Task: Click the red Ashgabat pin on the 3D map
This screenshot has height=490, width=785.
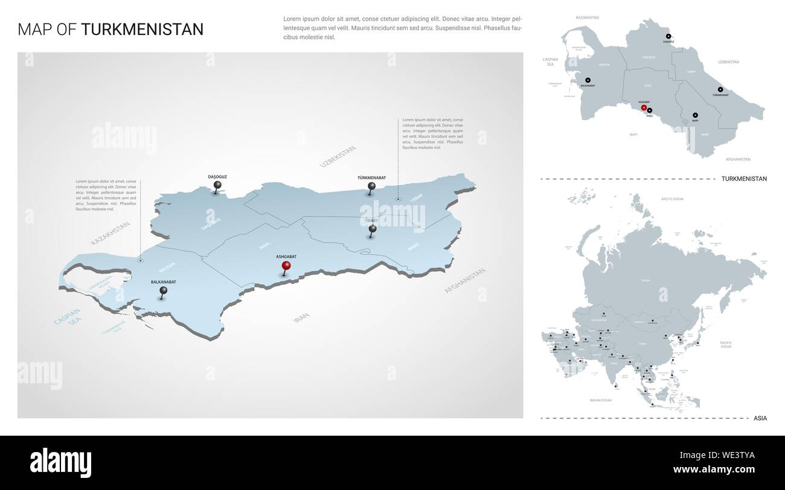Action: click(x=286, y=266)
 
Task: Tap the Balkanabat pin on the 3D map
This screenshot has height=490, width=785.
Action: click(x=164, y=291)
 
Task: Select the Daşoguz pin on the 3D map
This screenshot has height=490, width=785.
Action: click(x=217, y=186)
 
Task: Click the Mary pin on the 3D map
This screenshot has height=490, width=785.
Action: click(x=373, y=229)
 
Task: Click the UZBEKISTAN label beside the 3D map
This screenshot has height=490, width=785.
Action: click(x=338, y=156)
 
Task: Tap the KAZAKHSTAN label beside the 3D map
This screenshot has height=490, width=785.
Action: click(x=111, y=234)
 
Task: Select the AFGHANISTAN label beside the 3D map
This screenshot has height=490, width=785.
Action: click(x=465, y=281)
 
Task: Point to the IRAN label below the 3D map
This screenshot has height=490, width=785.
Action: click(x=301, y=317)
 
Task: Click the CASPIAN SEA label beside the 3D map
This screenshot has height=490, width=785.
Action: click(x=67, y=317)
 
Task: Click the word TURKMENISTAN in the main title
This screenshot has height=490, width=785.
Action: click(x=143, y=30)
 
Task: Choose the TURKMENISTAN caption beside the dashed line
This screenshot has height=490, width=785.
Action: click(x=744, y=179)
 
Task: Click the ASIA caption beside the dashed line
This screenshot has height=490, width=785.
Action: click(x=760, y=418)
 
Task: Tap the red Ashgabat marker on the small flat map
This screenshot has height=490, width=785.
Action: click(x=644, y=108)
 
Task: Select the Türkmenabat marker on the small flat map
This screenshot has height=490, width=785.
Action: click(x=720, y=89)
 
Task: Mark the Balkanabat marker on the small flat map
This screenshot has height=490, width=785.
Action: click(x=588, y=80)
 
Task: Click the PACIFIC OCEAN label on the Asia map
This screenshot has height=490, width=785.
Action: click(x=725, y=345)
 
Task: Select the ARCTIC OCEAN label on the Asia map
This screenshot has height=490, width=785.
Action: click(x=671, y=199)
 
